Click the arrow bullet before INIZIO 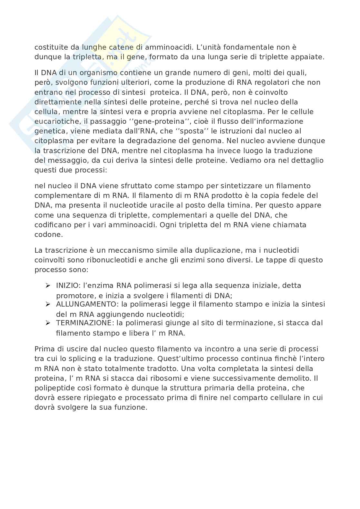coord(48,286)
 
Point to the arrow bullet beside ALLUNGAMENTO coord(48,304)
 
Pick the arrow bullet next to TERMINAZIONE coord(48,323)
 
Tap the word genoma coord(205,141)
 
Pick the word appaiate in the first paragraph coord(308,57)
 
